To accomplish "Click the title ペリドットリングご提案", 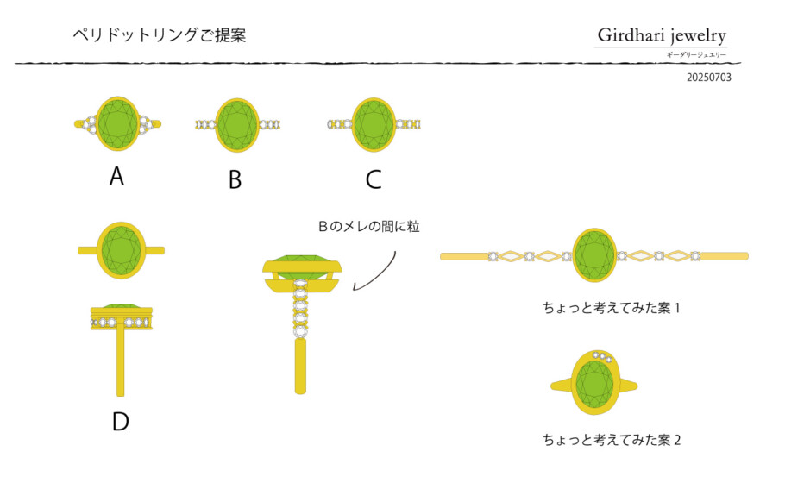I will coord(160,35).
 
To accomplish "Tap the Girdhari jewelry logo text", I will coord(662,35).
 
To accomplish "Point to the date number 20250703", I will coord(708,78).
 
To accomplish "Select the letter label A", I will coord(117,177).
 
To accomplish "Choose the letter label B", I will coord(235,179).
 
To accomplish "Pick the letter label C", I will coord(373,179).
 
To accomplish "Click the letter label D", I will coord(121,421).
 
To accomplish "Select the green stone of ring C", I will coord(373,125).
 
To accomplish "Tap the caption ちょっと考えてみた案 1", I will coord(612,307).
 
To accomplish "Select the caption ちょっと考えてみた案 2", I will coord(612,439).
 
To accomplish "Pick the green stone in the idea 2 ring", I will coord(593,384).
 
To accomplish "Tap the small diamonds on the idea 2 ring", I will coord(602,356).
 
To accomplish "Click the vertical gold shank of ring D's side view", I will coord(121,362).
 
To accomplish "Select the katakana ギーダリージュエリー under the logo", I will coord(696,55).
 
